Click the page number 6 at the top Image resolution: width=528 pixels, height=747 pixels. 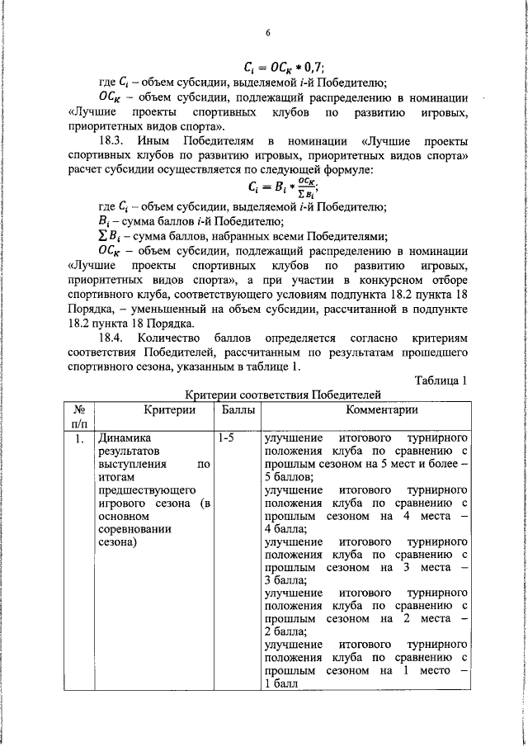(x=268, y=33)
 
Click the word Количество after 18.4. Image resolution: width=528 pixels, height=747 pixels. (x=172, y=338)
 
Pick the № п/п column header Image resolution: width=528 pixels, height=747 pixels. (x=80, y=417)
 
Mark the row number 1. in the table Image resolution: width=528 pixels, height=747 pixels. (x=79, y=438)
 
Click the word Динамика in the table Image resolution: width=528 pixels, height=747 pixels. (x=125, y=438)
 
